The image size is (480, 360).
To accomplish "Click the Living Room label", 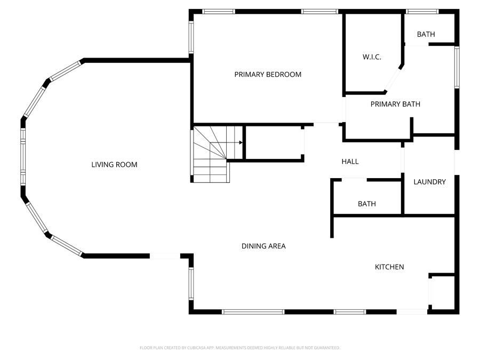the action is tap(114, 165).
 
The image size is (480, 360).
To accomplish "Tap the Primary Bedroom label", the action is tap(268, 74).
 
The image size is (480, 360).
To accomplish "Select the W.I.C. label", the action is tap(372, 57).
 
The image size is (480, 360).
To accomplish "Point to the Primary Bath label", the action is tap(395, 104).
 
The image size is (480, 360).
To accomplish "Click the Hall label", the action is tap(350, 162).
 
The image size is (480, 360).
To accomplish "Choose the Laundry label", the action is tap(429, 182).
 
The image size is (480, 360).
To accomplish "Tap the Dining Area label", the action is tap(263, 246).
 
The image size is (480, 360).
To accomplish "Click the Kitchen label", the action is tap(389, 267).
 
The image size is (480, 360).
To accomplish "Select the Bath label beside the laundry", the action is tap(367, 204).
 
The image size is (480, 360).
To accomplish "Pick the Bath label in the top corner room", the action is tap(426, 34).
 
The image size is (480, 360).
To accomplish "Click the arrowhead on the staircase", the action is tap(241, 142).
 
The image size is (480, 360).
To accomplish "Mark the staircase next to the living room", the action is tap(212, 155).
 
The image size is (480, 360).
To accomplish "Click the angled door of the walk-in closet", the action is tap(393, 79).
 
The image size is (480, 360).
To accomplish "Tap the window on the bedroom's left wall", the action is tap(191, 37).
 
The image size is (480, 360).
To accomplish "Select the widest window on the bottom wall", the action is tap(253, 312).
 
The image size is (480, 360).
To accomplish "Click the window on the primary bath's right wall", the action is tap(457, 67).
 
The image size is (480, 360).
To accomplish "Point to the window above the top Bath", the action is tap(422, 12).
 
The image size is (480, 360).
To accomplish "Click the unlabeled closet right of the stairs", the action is tap(274, 142).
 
